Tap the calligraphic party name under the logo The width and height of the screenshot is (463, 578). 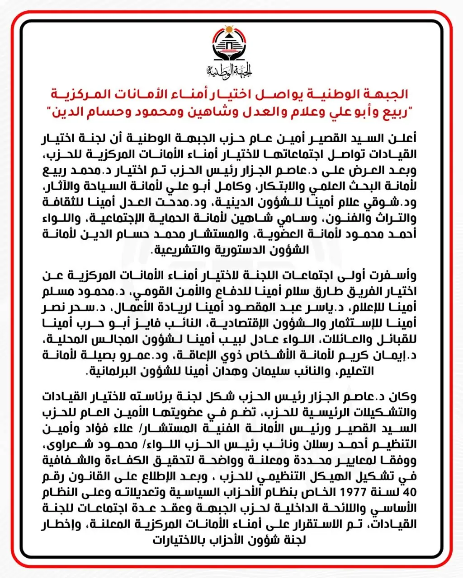coord(230,70)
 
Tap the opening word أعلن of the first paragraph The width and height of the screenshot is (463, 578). coord(405,136)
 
